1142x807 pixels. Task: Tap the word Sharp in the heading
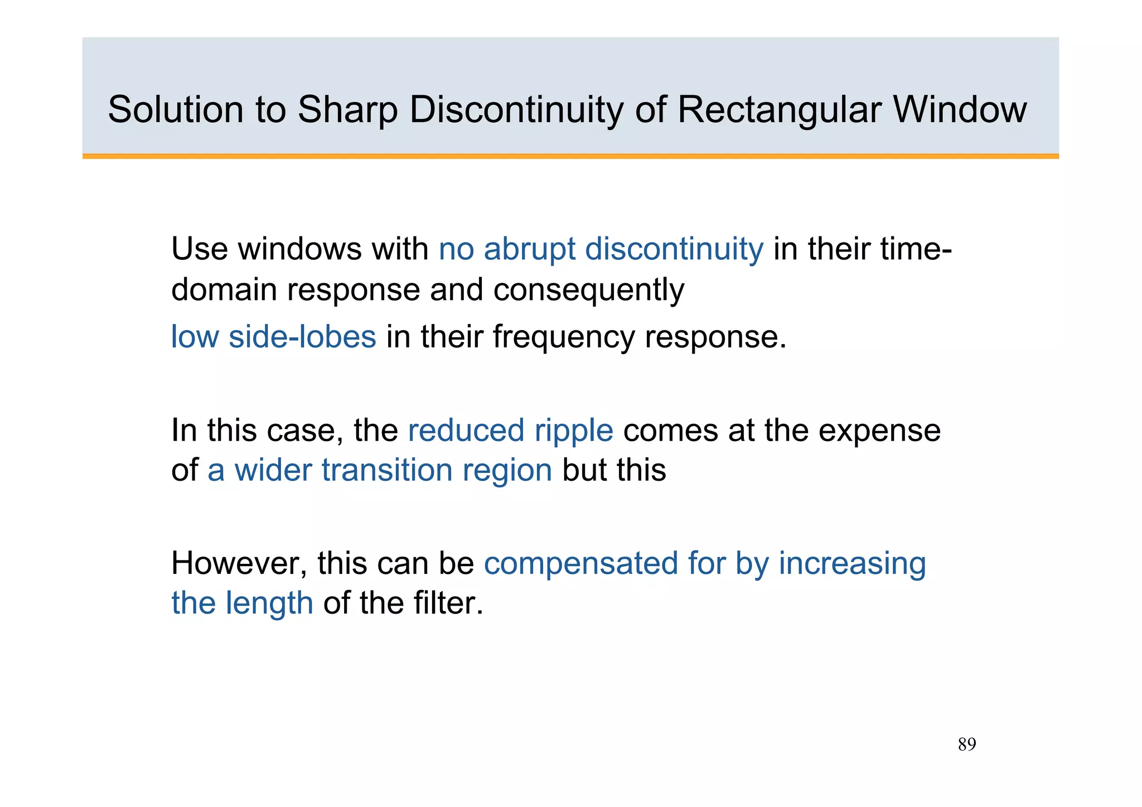point(347,109)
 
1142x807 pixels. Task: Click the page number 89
point(967,745)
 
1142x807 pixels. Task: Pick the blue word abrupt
point(529,249)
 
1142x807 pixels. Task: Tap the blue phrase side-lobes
point(302,337)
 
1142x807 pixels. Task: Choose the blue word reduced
point(466,431)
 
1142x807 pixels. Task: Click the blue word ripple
point(574,431)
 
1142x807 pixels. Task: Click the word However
point(239,563)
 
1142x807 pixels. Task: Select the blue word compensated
point(580,563)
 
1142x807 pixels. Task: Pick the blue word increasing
point(852,563)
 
